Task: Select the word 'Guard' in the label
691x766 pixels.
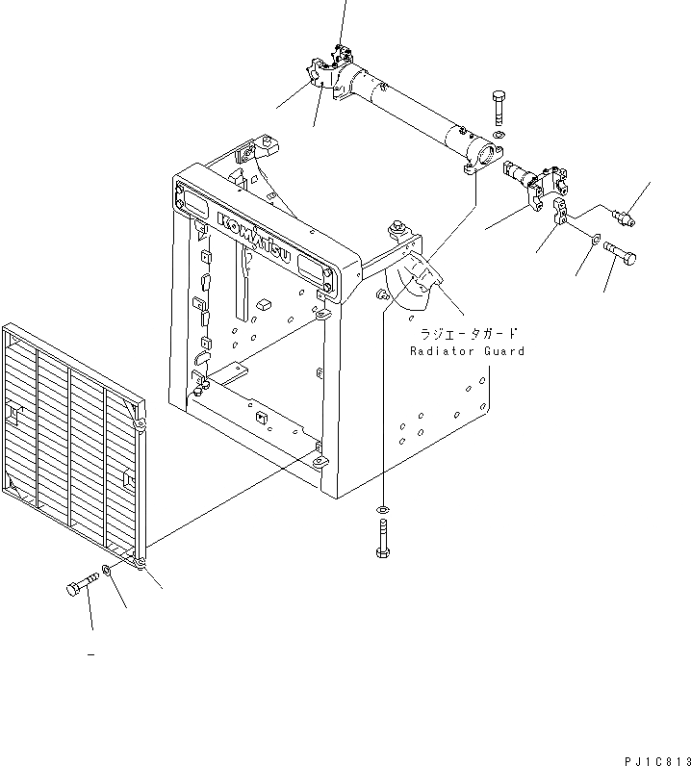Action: pos(502,351)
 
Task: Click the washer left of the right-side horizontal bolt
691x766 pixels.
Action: pos(596,240)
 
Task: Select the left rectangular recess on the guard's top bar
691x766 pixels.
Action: pos(193,202)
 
